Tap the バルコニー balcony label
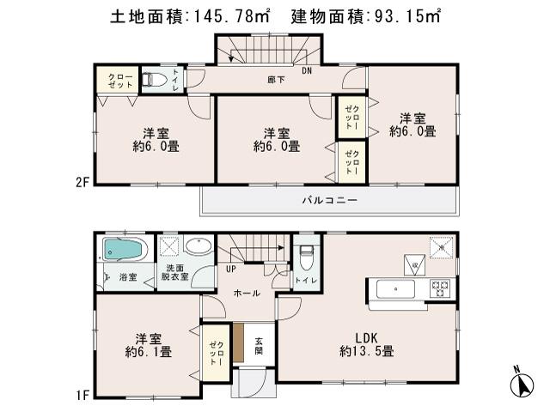coord(329,201)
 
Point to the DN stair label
coord(307,70)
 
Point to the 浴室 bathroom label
coord(127,278)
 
